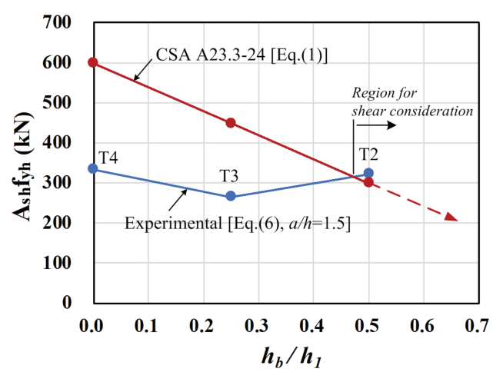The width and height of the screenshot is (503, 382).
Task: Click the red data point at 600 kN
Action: [93, 62]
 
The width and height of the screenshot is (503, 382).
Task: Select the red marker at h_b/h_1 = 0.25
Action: [231, 123]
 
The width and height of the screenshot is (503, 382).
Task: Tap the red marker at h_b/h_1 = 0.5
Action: [368, 182]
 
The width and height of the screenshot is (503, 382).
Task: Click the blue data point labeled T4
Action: [93, 168]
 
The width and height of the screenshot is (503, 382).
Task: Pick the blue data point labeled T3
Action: [231, 196]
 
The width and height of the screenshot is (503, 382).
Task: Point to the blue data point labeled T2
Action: [368, 173]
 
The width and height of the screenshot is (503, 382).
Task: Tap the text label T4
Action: [108, 157]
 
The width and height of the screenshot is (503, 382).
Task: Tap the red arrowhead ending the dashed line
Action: [452, 218]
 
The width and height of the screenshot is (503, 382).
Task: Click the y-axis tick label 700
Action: [59, 22]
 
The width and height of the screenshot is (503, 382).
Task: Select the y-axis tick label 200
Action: [59, 223]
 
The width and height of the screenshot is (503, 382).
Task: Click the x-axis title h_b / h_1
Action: [285, 357]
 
